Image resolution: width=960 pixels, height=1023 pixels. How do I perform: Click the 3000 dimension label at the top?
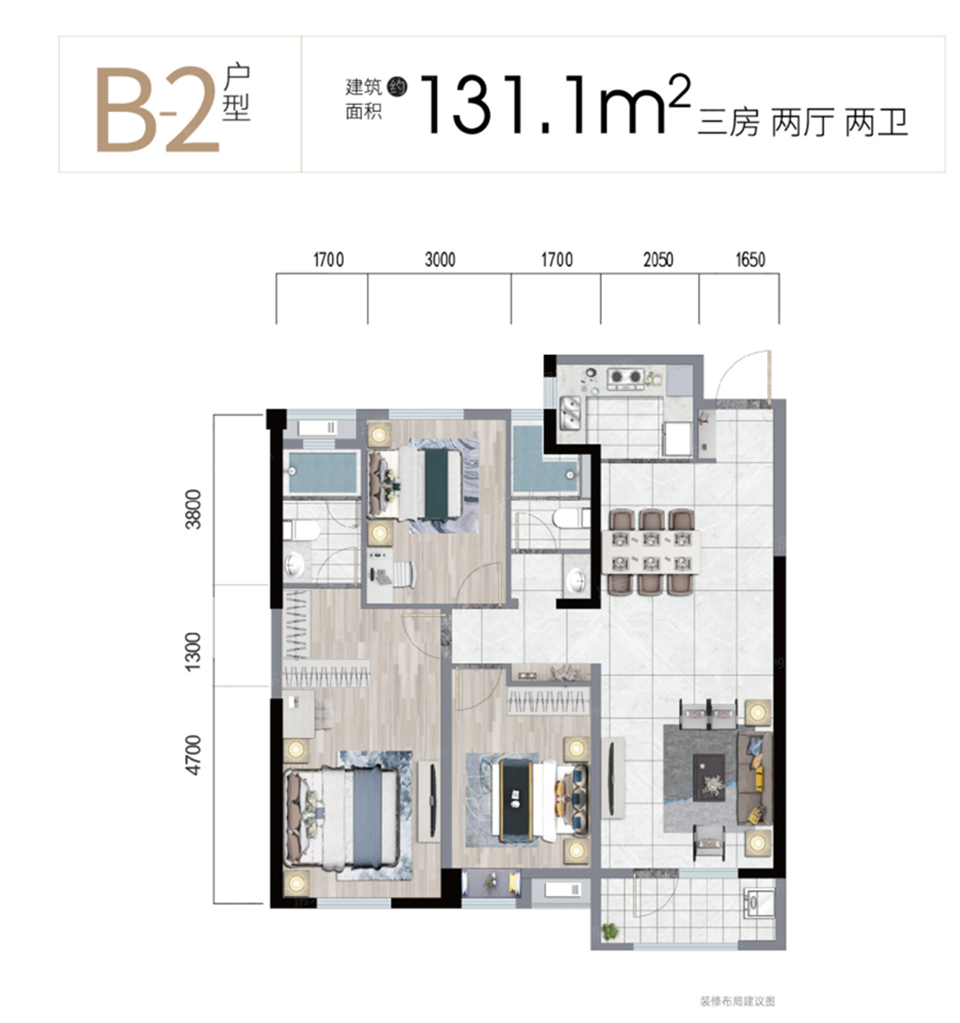coord(440,259)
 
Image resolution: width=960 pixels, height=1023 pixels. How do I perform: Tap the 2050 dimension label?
coord(658,259)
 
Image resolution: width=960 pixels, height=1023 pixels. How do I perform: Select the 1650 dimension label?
coord(750,259)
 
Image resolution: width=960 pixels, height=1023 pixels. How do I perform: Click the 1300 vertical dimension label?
coord(194,652)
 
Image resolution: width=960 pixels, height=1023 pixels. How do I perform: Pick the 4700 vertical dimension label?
coord(194,755)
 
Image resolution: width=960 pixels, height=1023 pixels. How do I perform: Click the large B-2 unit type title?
coord(158,109)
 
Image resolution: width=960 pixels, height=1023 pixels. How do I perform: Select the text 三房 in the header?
coord(728,123)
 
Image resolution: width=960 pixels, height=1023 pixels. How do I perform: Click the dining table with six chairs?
coord(651,552)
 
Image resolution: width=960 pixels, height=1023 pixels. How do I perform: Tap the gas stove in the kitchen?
coord(625,378)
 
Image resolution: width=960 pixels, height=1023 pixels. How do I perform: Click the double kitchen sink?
coord(569,413)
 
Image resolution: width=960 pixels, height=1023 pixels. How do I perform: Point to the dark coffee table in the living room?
coord(709,777)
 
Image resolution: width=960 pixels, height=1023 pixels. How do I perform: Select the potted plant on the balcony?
coord(610,930)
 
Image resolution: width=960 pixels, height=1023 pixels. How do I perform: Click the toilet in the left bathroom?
coord(301,530)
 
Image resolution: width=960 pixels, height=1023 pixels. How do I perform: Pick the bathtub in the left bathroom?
coord(323,472)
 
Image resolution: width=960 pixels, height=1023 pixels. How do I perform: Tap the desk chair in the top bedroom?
coord(405,574)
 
